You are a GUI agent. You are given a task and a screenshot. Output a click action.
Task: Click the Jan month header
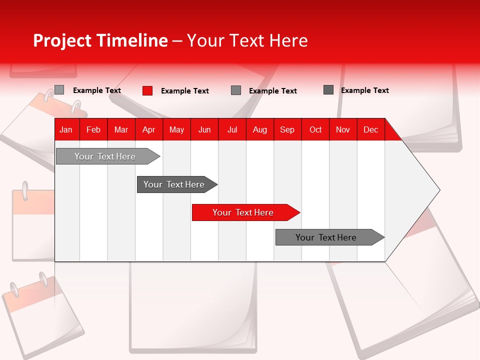(66, 130)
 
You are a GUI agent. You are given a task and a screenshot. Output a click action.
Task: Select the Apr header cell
(149, 130)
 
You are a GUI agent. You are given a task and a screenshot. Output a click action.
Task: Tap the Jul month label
(232, 130)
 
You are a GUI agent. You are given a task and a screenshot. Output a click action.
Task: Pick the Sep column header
(287, 130)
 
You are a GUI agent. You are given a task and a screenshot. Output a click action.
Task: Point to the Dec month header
(370, 130)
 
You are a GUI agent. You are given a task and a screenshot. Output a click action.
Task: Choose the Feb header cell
(93, 130)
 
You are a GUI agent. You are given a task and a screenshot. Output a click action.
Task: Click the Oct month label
(315, 130)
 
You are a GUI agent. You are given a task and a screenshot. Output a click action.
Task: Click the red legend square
(147, 90)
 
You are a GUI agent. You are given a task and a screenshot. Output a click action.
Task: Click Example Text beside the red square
(184, 91)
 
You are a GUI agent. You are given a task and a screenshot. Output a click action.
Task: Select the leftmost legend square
(59, 90)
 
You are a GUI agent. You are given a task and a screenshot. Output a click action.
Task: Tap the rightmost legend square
(328, 90)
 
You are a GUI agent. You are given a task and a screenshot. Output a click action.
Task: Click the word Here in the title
(288, 40)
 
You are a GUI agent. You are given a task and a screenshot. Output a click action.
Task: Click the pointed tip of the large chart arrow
(438, 190)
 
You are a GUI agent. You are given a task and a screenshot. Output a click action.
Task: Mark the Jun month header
(204, 130)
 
